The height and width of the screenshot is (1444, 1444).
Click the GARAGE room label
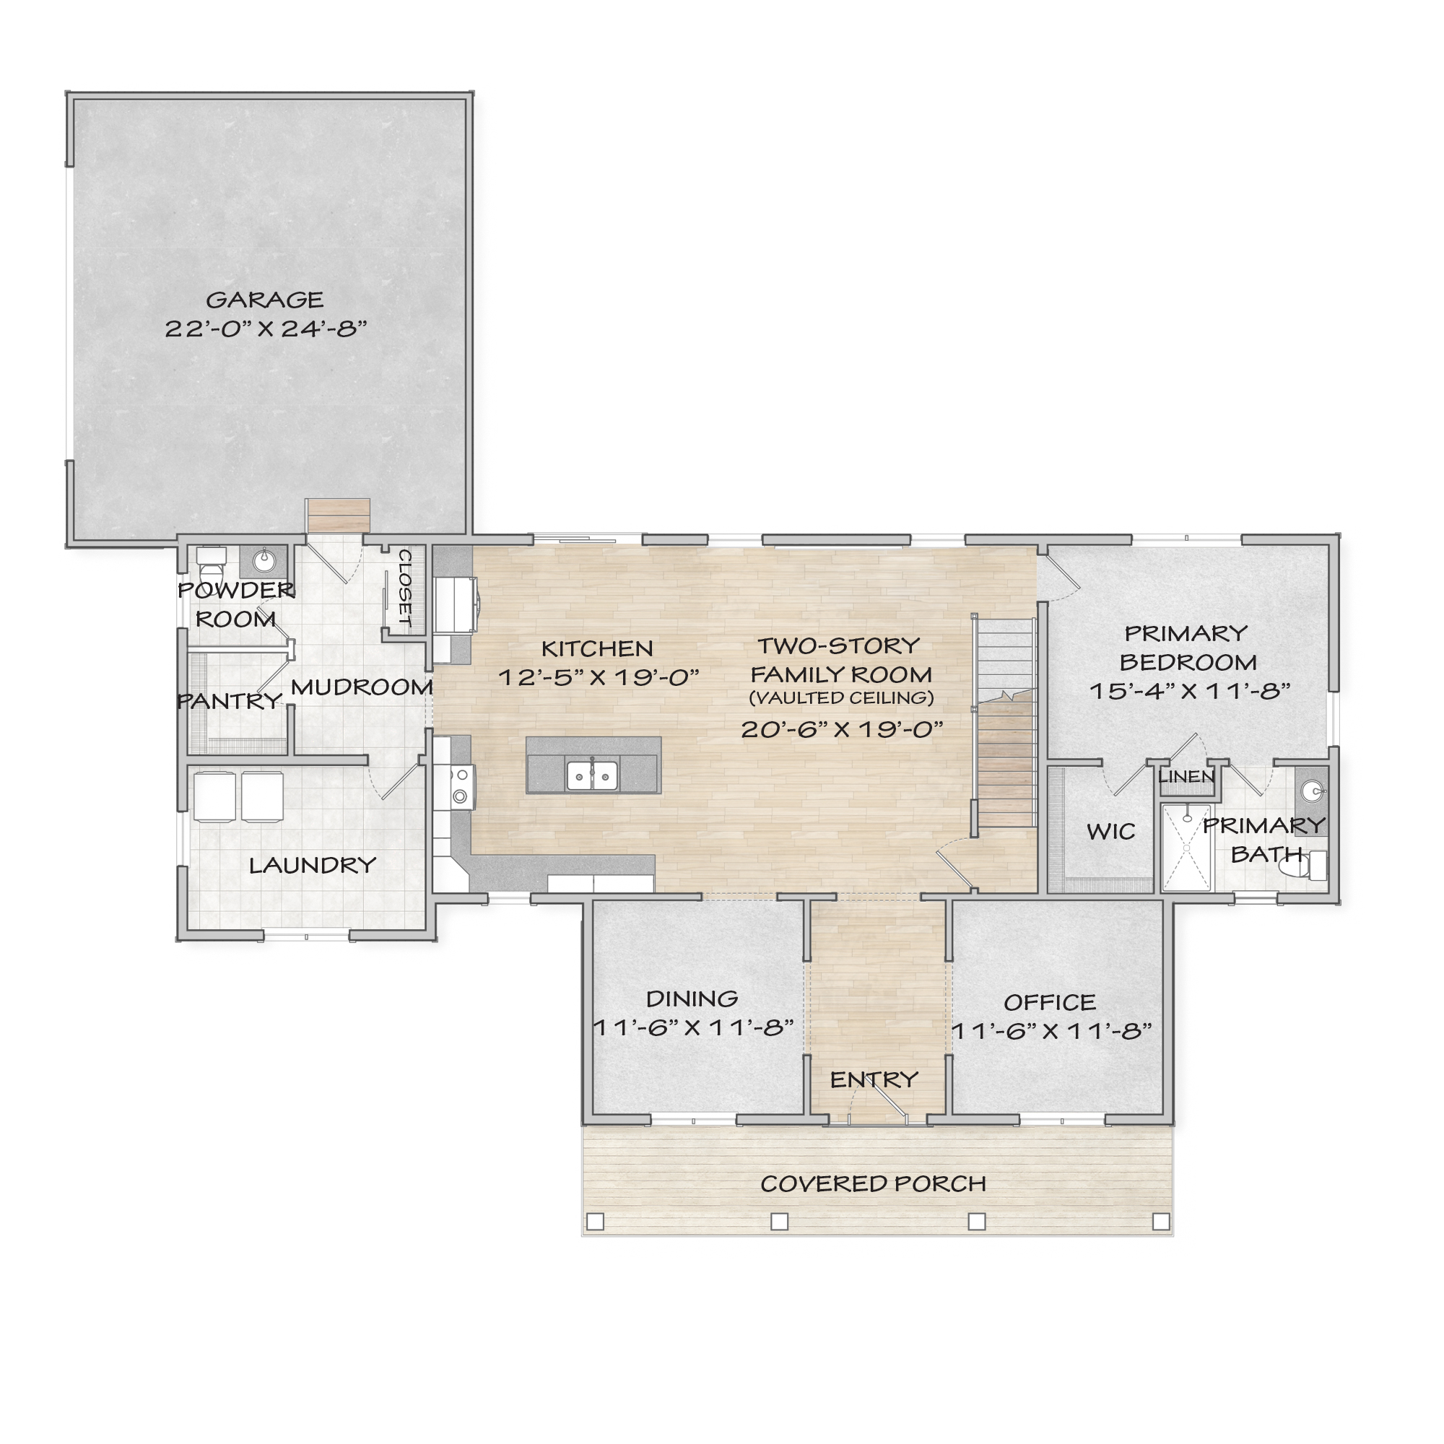264,300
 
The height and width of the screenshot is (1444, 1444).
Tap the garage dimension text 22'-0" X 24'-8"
266,329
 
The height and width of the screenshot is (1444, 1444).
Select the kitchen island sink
592,776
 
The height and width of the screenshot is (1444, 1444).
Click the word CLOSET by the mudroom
404,588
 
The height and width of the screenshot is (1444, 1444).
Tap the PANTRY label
230,701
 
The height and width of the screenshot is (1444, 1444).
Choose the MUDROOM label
362,687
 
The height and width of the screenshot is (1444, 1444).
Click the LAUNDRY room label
313,866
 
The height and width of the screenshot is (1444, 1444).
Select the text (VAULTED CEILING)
842,698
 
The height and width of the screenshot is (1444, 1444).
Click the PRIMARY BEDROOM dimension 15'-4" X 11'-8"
1190,691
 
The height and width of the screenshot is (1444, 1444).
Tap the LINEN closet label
1186,777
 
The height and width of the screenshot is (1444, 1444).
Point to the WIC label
1110,831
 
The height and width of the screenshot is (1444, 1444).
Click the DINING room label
692,999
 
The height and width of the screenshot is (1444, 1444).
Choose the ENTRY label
874,1079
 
